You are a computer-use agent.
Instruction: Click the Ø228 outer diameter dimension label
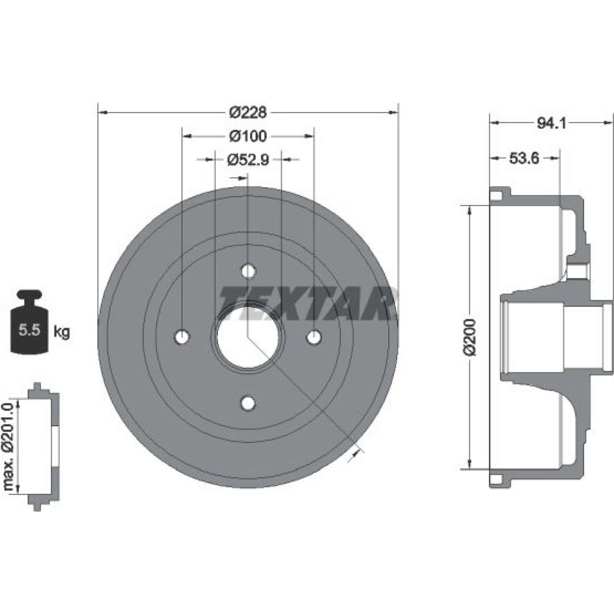tap(248, 112)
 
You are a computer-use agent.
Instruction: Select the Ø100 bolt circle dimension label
tap(248, 136)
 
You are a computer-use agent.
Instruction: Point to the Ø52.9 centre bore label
tap(248, 159)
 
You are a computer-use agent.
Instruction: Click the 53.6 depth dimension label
tap(524, 158)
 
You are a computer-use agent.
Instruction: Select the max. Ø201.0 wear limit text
tap(9, 446)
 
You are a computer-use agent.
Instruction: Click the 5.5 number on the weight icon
tap(29, 330)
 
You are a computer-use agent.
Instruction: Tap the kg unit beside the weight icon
tap(61, 331)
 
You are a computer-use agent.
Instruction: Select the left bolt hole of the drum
tap(182, 337)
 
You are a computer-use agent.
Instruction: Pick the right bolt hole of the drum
tap(314, 337)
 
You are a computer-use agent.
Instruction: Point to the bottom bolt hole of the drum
tap(248, 403)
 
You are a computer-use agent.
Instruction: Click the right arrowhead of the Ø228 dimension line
tap(393, 112)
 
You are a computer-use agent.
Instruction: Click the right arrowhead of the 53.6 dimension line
tap(555, 158)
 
